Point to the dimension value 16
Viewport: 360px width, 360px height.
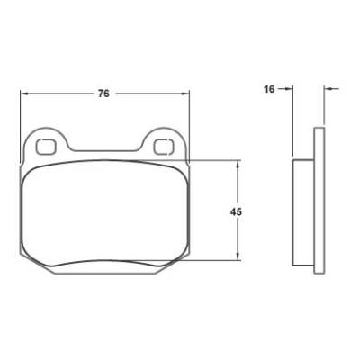click(x=269, y=88)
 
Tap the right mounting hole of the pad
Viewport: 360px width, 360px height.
click(x=164, y=144)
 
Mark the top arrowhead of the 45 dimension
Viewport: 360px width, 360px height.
click(x=237, y=166)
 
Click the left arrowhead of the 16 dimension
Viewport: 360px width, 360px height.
click(x=290, y=88)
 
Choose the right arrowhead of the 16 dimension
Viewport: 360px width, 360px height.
click(x=326, y=88)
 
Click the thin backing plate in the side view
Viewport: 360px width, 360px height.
click(x=318, y=198)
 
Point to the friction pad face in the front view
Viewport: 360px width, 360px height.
click(x=104, y=211)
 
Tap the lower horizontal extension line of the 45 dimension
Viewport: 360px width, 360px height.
click(x=216, y=261)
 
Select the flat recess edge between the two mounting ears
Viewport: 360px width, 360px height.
click(x=106, y=150)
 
